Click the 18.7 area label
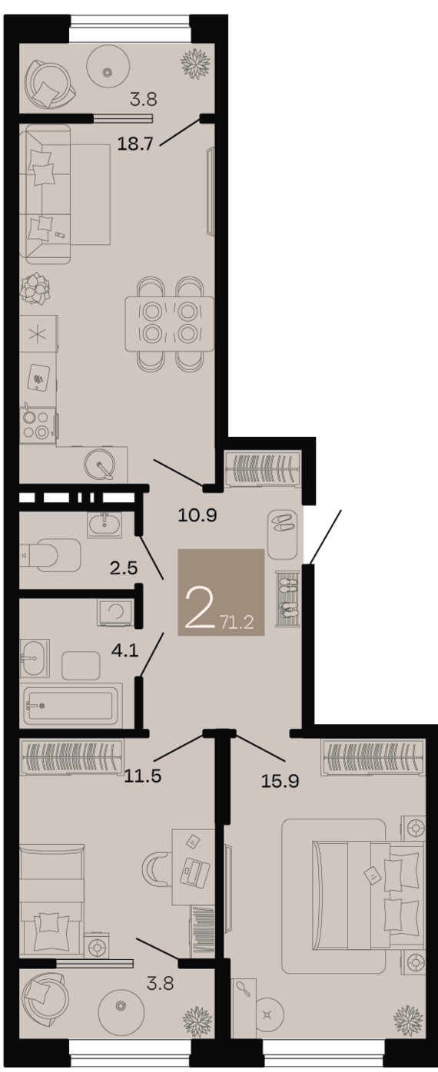135,144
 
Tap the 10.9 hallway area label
197,515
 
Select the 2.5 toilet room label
124,568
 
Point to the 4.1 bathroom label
124,650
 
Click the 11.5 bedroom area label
143,776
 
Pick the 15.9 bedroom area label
280,781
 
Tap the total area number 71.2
237,623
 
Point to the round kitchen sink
100,464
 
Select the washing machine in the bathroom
114,613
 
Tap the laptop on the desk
195,872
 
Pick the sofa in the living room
46,194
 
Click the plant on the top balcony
196,64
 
